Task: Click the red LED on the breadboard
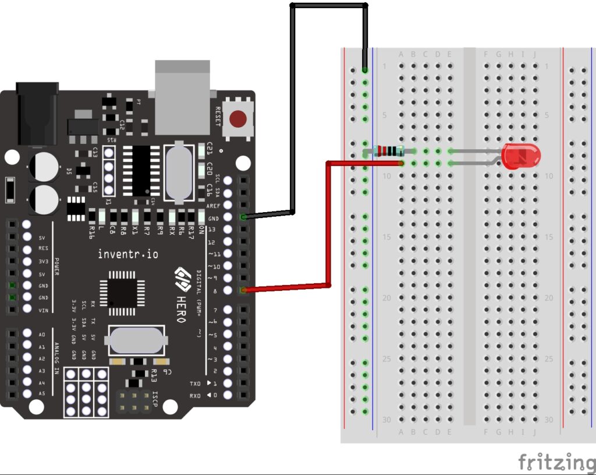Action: coord(522,156)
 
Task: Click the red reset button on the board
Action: coord(237,119)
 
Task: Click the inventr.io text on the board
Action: coord(127,254)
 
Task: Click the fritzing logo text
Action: coord(556,462)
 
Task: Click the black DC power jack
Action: coord(38,114)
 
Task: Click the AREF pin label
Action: coord(213,206)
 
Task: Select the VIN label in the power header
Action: coord(42,310)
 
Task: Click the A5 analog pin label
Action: coord(41,394)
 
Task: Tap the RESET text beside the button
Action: coord(218,117)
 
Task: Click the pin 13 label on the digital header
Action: coord(212,230)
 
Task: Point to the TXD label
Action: coord(196,383)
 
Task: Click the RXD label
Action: coord(196,396)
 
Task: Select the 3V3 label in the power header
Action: coord(42,261)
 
